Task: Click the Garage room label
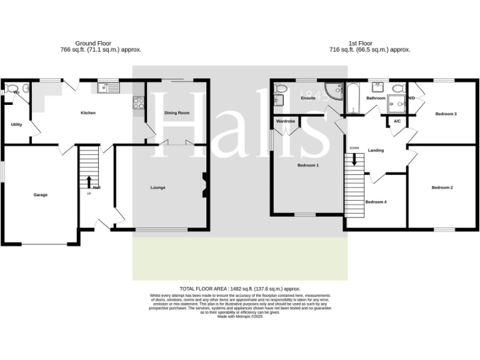tap(41, 195)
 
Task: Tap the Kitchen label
tap(88, 113)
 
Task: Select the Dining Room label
tap(177, 113)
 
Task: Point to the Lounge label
tap(158, 187)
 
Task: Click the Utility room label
tap(16, 124)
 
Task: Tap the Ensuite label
tap(308, 98)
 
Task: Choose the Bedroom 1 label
tap(308, 166)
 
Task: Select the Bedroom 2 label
tap(442, 187)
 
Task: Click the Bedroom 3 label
tap(446, 114)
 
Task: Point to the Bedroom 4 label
tap(376, 202)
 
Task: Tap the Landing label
tap(376, 151)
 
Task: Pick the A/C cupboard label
tap(397, 121)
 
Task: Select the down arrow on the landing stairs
tap(354, 159)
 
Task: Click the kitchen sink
tap(112, 88)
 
